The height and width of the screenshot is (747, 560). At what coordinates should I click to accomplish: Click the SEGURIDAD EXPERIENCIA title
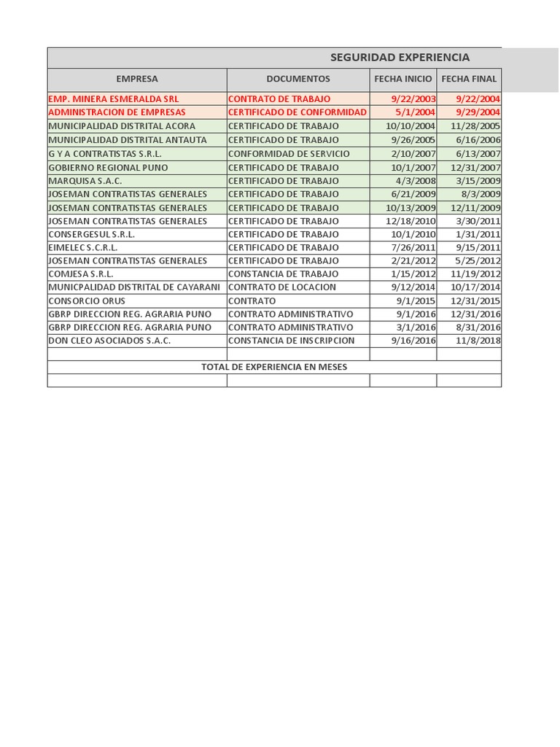pos(400,58)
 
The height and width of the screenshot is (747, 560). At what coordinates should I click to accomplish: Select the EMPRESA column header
pos(137,79)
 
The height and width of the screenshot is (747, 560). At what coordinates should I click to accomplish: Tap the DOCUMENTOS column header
pos(297,79)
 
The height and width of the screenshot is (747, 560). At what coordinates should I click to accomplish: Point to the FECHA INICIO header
pos(402,79)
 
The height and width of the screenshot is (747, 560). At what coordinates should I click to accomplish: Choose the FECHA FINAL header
pos(469,79)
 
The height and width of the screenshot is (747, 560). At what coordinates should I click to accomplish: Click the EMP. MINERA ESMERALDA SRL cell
pos(113,98)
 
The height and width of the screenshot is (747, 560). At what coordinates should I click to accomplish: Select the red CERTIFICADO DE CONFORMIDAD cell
pos(297,112)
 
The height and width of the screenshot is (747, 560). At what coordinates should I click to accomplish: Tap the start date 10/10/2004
pos(413,126)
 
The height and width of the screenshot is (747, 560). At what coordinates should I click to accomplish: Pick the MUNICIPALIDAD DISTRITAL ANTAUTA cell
pos(128,139)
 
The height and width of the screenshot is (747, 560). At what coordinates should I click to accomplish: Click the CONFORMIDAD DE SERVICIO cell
pos(289,154)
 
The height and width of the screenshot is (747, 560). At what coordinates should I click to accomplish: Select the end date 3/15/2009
pos(478,181)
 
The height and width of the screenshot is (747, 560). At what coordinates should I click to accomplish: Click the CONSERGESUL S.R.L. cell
pos(92,234)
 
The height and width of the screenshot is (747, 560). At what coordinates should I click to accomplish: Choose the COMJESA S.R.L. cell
pos(82,274)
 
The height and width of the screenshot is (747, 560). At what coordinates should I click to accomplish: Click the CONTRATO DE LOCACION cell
pos(282,287)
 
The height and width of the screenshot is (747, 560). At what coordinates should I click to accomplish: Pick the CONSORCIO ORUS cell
pos(87,301)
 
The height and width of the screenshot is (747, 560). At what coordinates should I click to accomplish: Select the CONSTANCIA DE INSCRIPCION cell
pos(291,341)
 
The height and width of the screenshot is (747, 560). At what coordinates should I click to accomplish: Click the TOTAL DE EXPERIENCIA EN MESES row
pos(274,367)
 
